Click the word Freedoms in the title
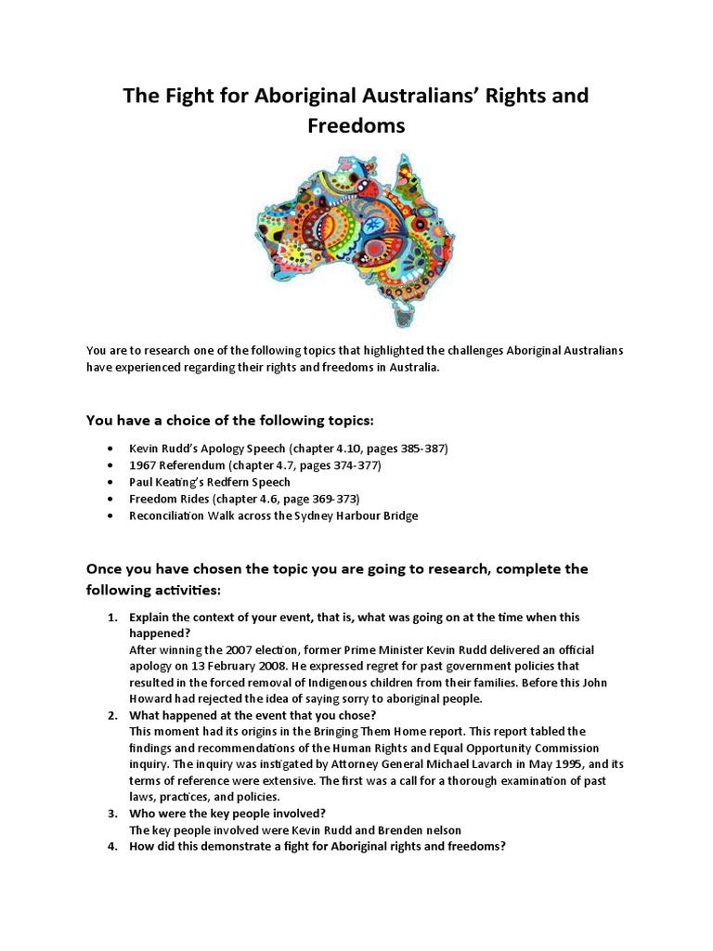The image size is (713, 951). pos(356,126)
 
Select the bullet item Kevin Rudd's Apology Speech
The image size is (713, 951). pos(288,448)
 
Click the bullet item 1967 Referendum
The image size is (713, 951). pos(254,464)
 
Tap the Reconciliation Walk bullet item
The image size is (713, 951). pos(273,515)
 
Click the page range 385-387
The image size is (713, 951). pos(418,448)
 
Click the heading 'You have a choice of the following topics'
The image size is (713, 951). pos(229,420)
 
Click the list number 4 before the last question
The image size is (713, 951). pos(110,847)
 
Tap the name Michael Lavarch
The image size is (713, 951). pos(437,764)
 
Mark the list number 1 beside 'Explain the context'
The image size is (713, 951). pos(110,617)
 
